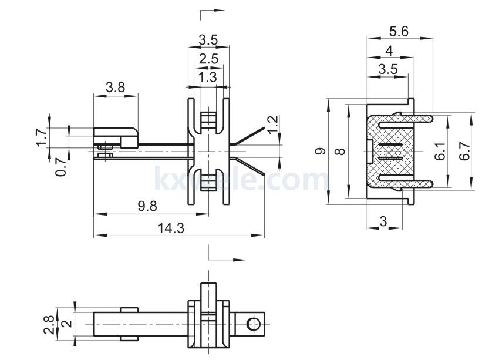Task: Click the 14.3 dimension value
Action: tap(171, 228)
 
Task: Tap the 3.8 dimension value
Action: tap(115, 88)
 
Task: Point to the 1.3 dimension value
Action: tap(207, 77)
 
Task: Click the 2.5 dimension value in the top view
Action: tap(208, 59)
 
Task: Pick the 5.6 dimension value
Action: tap(399, 32)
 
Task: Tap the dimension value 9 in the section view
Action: tap(320, 152)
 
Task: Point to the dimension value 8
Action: tap(339, 152)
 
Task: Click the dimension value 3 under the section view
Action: tap(383, 221)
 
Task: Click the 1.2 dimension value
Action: tap(272, 124)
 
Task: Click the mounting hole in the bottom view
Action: tap(254, 324)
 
